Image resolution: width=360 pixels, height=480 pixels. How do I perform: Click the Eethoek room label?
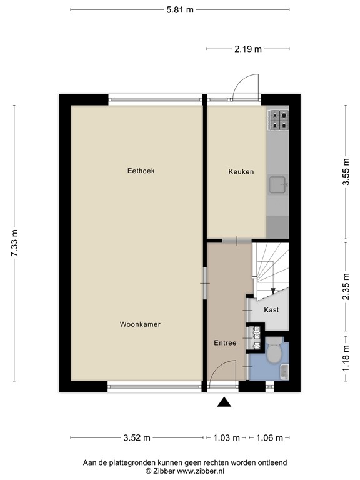(x=141, y=170)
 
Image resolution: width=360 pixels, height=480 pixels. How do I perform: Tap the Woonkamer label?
(x=141, y=324)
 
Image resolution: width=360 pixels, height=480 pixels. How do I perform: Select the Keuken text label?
(x=241, y=171)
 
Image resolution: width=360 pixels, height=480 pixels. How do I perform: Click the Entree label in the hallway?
(x=225, y=342)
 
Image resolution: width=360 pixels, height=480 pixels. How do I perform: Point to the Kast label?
(x=271, y=310)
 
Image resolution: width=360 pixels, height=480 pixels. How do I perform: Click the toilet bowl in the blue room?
(x=273, y=354)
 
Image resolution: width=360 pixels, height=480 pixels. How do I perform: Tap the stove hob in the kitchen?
(x=278, y=119)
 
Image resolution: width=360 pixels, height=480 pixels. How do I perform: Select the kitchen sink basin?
(x=277, y=184)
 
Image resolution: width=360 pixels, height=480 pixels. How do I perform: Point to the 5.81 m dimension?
(x=180, y=9)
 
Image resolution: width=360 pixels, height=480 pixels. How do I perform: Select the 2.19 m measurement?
(x=248, y=49)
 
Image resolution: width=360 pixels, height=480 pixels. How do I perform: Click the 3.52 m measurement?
(x=136, y=437)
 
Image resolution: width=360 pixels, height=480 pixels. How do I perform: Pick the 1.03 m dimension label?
(x=226, y=437)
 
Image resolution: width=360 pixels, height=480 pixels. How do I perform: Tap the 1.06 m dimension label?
(x=270, y=437)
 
